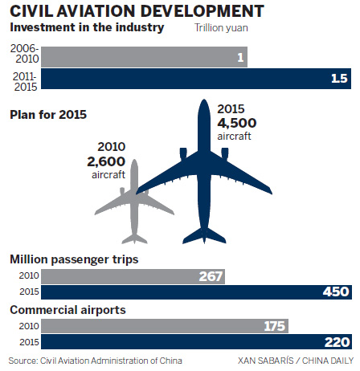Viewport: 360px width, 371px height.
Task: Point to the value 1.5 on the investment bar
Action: pyautogui.click(x=340, y=79)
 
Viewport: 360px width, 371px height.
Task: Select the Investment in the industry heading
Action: pyautogui.click(x=86, y=29)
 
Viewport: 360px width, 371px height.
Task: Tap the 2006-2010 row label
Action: pyautogui.click(x=22, y=56)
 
